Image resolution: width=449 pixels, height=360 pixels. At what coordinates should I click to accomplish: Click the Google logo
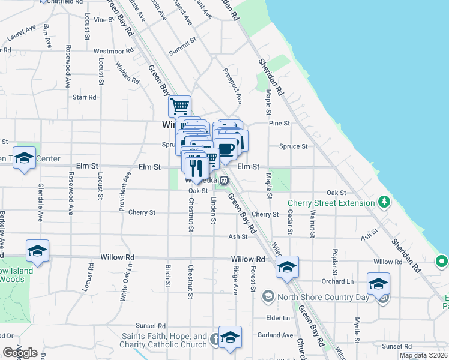(x=20, y=353)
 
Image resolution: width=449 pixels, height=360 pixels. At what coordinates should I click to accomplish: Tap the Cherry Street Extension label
(x=331, y=203)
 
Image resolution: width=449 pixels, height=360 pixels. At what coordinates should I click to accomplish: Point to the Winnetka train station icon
(x=223, y=179)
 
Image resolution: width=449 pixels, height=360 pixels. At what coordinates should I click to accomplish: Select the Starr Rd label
(x=84, y=97)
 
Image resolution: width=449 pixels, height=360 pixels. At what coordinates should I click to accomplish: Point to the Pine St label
(x=279, y=123)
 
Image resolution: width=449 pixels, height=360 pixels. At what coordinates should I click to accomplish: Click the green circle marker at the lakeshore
(x=442, y=262)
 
